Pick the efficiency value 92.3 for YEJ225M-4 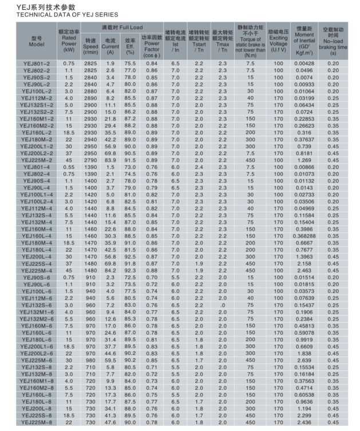(x=130, y=270)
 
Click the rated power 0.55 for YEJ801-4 (x=69, y=167)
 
